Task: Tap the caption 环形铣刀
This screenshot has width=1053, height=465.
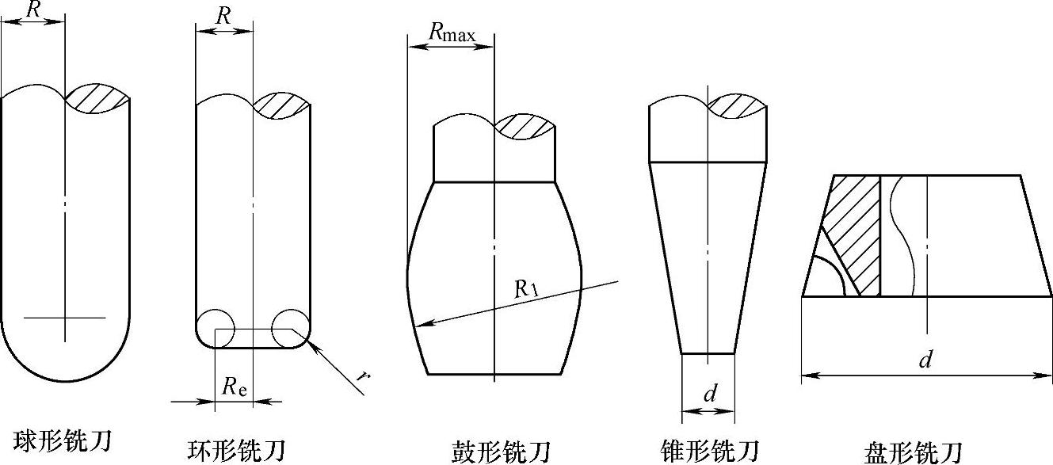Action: click(x=235, y=448)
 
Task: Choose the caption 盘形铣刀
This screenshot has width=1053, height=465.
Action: click(x=914, y=451)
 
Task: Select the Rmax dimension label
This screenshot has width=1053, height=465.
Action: click(x=452, y=32)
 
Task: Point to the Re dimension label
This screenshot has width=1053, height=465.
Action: click(x=234, y=386)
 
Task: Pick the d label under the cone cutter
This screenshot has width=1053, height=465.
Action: click(x=710, y=394)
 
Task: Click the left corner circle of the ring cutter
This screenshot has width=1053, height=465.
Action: click(x=215, y=327)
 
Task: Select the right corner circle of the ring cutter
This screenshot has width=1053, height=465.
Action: click(x=290, y=327)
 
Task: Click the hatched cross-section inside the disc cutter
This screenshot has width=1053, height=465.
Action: click(x=856, y=230)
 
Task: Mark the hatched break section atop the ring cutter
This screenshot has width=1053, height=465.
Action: click(x=281, y=105)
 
